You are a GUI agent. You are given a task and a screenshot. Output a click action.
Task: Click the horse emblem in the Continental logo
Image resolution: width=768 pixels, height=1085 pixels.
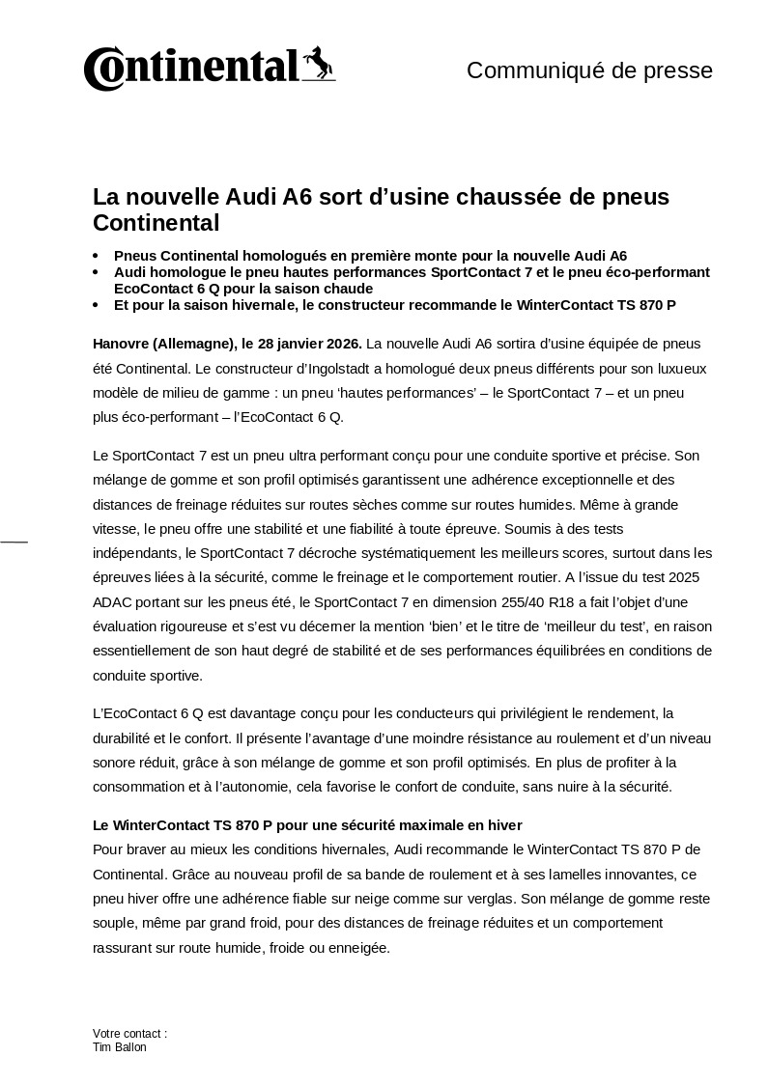318,64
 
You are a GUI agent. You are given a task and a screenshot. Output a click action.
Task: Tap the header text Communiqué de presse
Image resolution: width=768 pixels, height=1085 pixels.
589,70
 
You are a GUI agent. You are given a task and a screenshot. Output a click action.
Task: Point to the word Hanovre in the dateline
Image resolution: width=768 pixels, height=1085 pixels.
121,344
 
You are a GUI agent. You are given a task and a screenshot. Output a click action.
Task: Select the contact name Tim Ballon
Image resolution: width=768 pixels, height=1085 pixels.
120,1047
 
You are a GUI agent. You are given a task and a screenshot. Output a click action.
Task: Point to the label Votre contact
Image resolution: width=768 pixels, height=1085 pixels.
128,1034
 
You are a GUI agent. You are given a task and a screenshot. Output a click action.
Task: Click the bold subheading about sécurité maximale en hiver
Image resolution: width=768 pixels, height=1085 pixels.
307,825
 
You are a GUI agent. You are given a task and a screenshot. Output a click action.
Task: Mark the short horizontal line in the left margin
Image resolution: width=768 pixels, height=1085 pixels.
14,542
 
